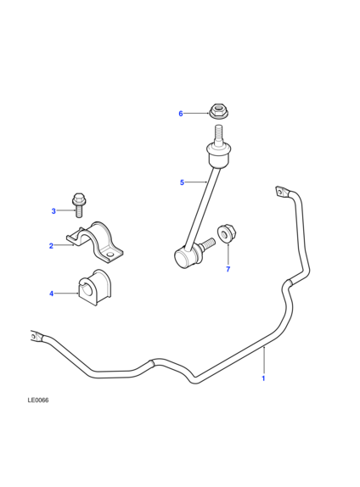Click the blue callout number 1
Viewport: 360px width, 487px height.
[263, 378]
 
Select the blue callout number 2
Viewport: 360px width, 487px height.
[51, 246]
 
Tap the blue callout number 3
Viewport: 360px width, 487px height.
[53, 211]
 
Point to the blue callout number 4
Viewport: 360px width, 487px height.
[52, 294]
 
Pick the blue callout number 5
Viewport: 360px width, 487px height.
[183, 182]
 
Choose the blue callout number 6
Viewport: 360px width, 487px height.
[181, 114]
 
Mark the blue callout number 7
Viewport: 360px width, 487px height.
[228, 269]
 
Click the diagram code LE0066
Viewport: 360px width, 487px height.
[38, 400]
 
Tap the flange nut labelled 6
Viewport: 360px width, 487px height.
[218, 111]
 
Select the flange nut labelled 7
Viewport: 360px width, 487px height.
[227, 233]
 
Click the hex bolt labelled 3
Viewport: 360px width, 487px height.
[79, 205]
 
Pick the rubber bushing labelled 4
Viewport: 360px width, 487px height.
[95, 288]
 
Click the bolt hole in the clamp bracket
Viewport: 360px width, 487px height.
[110, 255]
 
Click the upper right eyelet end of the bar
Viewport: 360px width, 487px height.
[282, 192]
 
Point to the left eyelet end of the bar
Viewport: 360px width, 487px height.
[36, 337]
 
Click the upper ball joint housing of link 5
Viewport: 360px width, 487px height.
[219, 155]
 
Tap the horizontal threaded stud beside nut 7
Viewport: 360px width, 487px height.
[207, 243]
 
